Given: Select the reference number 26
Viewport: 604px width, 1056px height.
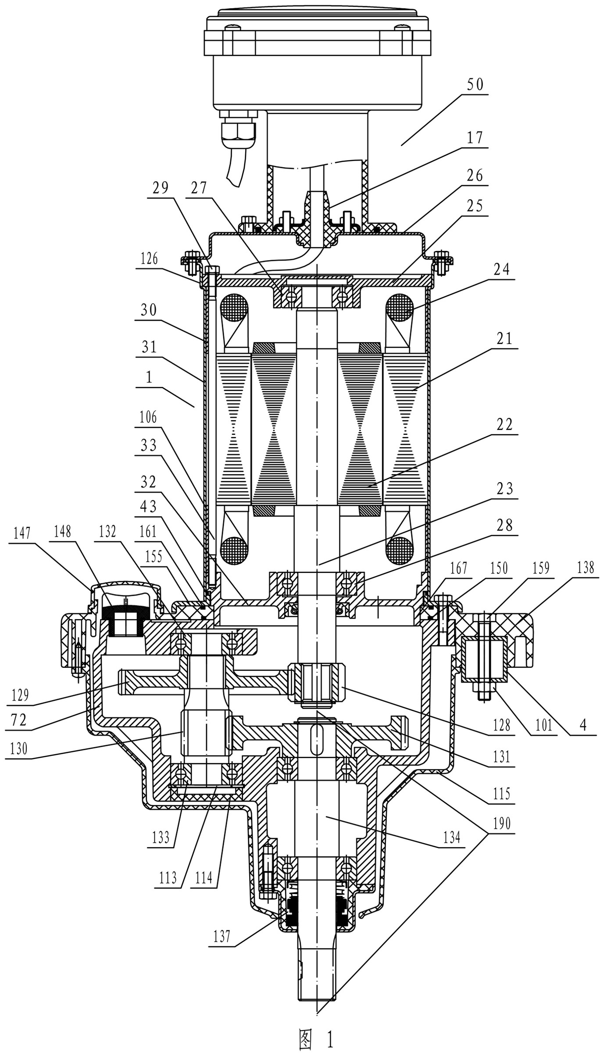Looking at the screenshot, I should (474, 175).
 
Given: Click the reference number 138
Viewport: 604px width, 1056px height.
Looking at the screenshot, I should (585, 569).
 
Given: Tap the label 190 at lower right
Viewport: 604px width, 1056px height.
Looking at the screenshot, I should (502, 823).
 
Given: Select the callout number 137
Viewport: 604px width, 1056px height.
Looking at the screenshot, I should (222, 937).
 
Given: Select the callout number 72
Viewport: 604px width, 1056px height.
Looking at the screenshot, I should (18, 720).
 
